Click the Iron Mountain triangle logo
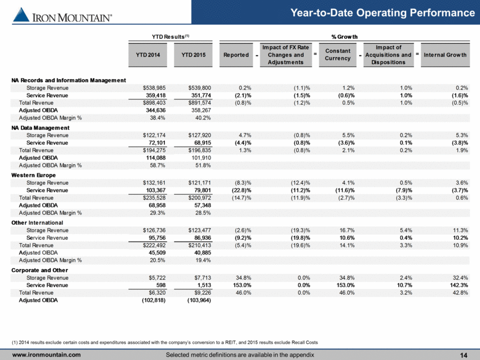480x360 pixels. [x=21, y=14]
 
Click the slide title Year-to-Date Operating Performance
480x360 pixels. [x=383, y=13]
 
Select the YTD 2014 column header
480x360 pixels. [x=148, y=55]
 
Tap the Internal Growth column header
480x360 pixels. [x=445, y=55]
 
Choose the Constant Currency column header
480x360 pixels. [x=338, y=55]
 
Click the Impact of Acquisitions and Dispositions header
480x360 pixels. [x=389, y=55]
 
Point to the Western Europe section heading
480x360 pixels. [x=34, y=175]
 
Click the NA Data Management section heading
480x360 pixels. [x=40, y=128]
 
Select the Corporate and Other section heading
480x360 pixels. [x=40, y=270]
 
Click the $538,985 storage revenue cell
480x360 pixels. [x=154, y=88]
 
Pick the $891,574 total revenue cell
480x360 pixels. [x=200, y=103]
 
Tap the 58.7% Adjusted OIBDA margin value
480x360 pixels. [x=158, y=165]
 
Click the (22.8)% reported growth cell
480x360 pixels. [x=243, y=190]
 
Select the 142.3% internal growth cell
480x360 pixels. [x=460, y=285]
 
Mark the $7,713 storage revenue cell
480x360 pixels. [x=202, y=278]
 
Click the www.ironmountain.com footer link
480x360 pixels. [x=46, y=355]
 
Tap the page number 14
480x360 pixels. [x=464, y=355]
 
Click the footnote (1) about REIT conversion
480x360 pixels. [x=165, y=343]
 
